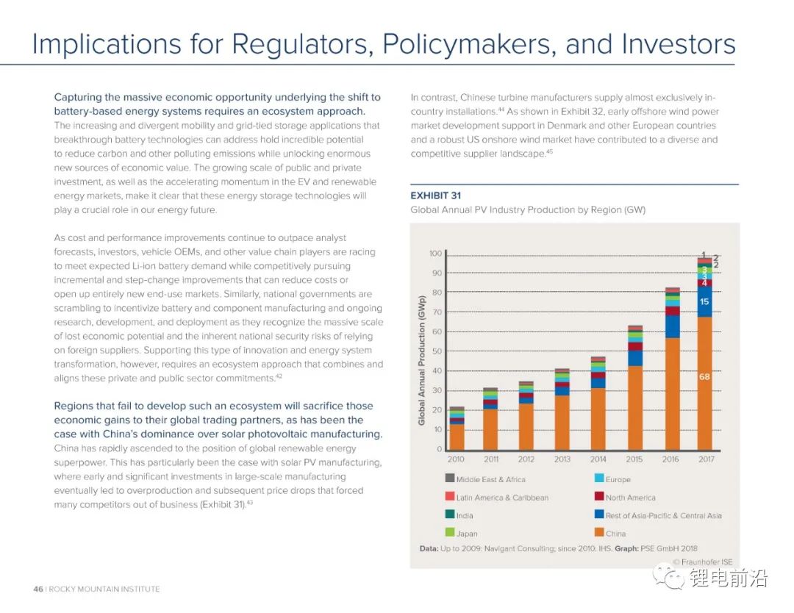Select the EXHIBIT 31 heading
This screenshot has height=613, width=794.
[436, 196]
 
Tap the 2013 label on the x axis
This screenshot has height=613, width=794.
[562, 459]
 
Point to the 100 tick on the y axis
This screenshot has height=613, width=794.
[435, 254]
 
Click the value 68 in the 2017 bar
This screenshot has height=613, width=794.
[704, 376]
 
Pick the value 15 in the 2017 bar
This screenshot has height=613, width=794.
[704, 301]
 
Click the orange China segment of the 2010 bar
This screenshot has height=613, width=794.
[457, 437]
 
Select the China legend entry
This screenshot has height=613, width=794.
[615, 534]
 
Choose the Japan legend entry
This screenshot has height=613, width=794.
[466, 534]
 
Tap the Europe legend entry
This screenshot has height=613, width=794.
[618, 479]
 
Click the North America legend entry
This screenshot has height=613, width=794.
[630, 498]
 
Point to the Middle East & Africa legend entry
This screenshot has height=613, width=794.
[490, 479]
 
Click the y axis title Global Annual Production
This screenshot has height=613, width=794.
[422, 359]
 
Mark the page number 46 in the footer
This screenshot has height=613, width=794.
[38, 589]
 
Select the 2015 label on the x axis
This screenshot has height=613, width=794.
[634, 459]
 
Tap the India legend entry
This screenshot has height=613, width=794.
[465, 515]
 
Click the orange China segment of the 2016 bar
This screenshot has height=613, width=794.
[672, 393]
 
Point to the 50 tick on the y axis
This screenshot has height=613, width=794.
[437, 351]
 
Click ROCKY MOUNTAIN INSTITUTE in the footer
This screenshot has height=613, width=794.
[104, 589]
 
